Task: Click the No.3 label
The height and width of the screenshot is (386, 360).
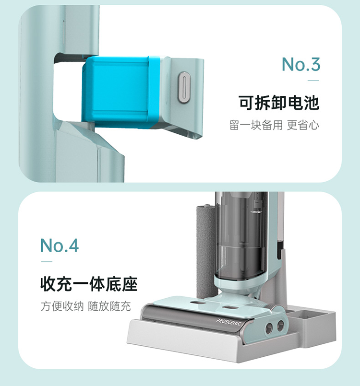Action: tap(301, 64)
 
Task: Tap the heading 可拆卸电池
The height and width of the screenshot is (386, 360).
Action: tap(279, 103)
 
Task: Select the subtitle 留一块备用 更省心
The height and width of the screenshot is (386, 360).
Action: tap(274, 125)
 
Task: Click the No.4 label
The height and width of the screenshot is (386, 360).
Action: tap(60, 246)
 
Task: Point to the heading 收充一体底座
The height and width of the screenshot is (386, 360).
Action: tap(89, 284)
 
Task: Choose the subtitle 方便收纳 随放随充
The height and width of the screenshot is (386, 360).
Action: tap(85, 306)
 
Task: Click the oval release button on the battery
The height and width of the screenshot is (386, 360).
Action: tap(184, 87)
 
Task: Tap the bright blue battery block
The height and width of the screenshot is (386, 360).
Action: tap(121, 92)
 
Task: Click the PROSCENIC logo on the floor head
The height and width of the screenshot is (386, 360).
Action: tap(228, 322)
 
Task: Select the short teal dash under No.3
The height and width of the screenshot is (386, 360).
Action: tap(313, 81)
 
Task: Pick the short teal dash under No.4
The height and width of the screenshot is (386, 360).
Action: tap(47, 262)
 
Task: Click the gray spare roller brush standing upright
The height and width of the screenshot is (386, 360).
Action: tap(206, 251)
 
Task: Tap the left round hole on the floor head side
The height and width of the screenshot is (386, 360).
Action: tap(268, 329)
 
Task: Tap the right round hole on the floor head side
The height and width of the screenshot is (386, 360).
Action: tap(280, 326)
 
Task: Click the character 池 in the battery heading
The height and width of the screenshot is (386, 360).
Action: tap(312, 103)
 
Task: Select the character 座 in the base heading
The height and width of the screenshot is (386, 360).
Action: tap(130, 284)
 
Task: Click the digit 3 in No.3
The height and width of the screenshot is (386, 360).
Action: tap(315, 64)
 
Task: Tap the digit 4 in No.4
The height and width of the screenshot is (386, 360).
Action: tap(73, 246)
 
